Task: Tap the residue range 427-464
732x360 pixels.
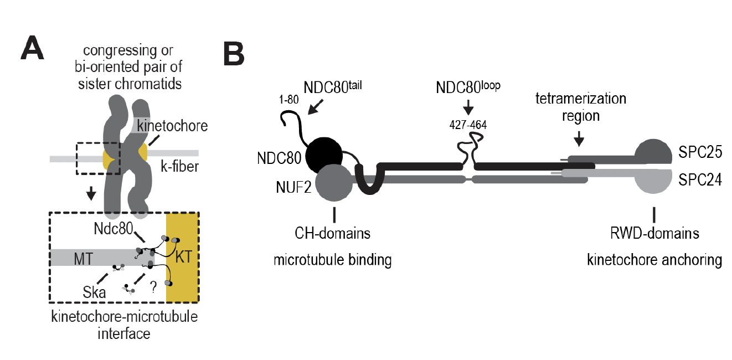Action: pos(467,125)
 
